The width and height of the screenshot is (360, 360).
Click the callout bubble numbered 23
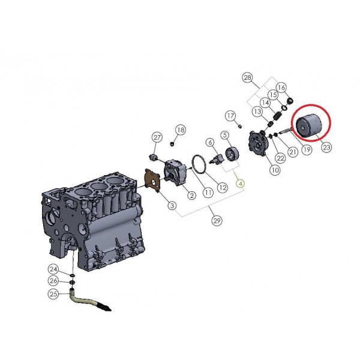[326, 147]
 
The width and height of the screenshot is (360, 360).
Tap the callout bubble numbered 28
[247, 77]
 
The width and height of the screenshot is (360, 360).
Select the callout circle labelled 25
[53, 293]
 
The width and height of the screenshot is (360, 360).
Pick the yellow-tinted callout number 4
[241, 184]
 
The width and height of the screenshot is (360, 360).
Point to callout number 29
[217, 221]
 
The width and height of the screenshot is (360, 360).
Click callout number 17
[230, 116]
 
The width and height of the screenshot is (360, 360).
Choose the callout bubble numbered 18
[181, 130]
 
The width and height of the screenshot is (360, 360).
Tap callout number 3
[172, 205]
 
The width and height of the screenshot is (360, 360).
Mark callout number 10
[275, 170]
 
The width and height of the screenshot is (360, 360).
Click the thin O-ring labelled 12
[199, 164]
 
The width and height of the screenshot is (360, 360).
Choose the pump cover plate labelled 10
[259, 143]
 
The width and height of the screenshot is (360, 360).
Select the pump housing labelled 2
[176, 173]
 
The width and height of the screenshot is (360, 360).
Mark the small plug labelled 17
[239, 126]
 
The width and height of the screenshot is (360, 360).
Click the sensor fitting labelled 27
[153, 157]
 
